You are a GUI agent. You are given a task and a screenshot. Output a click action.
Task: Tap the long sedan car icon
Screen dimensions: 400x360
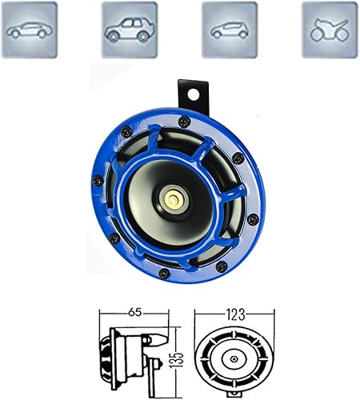(30, 30)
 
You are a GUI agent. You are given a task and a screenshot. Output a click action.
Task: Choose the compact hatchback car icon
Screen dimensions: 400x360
(229, 30)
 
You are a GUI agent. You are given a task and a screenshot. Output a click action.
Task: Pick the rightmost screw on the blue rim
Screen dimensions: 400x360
(253, 215)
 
